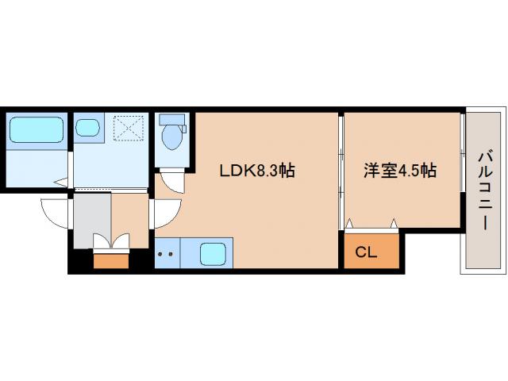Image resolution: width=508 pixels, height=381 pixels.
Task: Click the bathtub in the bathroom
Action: [x=36, y=129]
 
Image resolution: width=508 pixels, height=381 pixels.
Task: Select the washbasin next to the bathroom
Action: [x=87, y=126]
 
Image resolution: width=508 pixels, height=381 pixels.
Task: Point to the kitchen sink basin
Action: [x=213, y=254]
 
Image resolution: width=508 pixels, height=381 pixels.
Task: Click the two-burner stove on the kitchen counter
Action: [x=166, y=255]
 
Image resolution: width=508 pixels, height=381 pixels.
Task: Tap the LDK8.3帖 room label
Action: [x=257, y=170]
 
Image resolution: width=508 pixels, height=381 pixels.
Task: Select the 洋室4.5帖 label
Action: [x=401, y=170]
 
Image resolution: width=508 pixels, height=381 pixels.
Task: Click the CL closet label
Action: [x=365, y=253]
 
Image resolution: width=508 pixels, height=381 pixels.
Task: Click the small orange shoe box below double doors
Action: [x=110, y=260]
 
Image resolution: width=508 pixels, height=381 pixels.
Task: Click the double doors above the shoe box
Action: [x=110, y=241]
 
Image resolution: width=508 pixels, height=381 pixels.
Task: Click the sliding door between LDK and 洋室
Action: [x=341, y=171]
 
